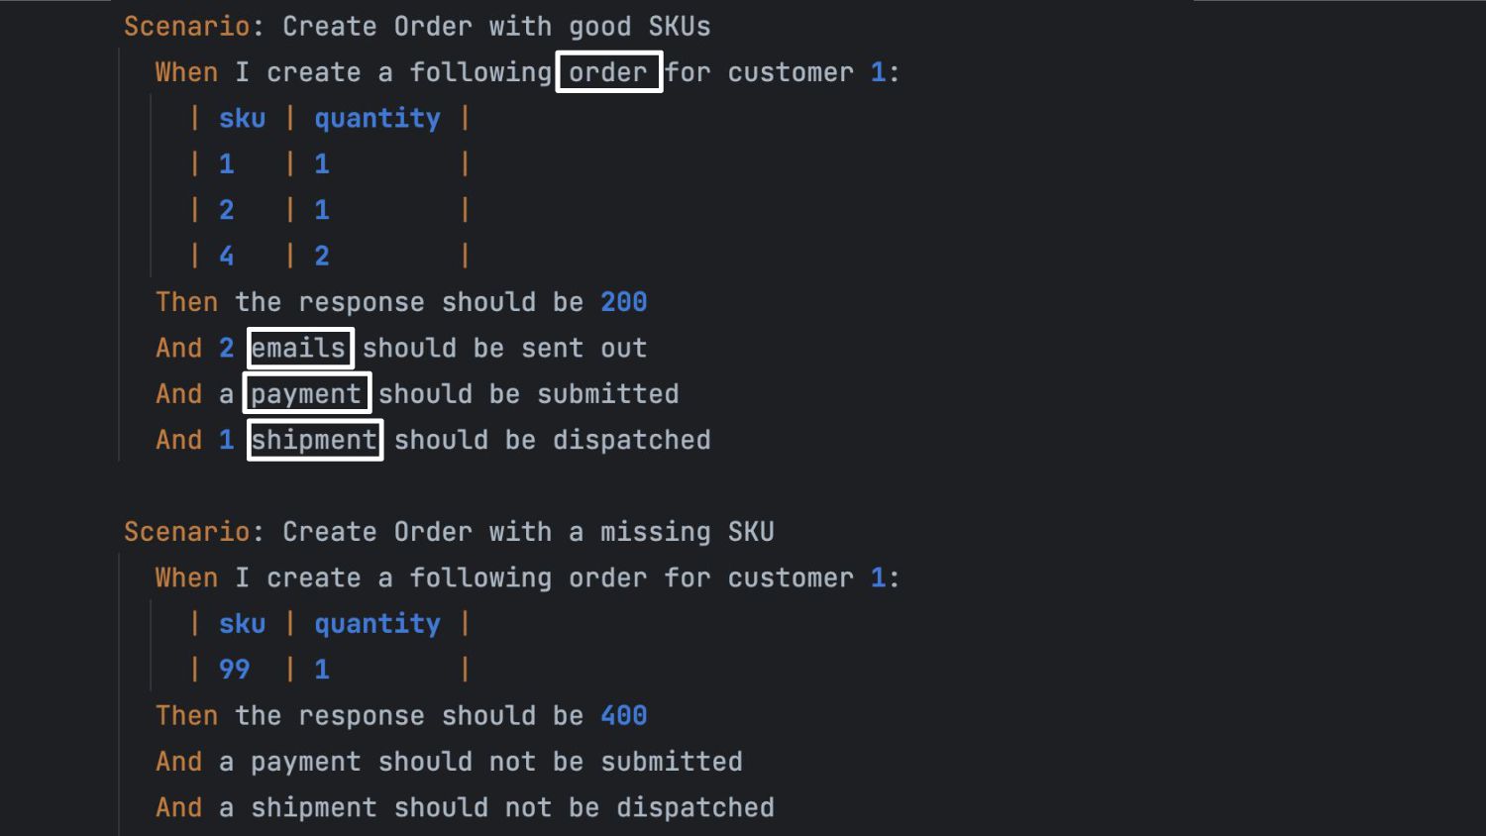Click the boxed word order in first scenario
608,72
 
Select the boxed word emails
299,348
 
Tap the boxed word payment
306,394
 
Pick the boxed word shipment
314,440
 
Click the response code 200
623,302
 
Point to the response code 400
623,715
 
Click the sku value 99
235,670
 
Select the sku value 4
227,257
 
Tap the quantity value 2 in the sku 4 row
322,257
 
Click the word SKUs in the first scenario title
680,27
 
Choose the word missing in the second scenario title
655,532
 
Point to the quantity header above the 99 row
377,624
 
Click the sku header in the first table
242,119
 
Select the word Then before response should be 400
186,715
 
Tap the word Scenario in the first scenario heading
186,27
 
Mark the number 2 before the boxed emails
227,348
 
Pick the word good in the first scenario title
599,27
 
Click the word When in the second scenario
186,577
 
